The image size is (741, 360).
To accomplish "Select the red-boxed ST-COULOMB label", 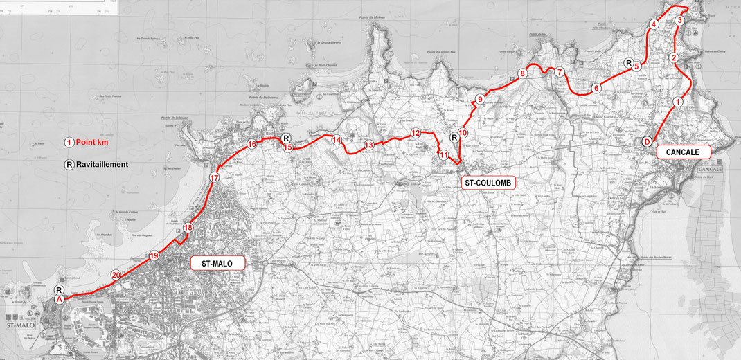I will (x=488, y=183).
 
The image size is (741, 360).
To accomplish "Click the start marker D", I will (x=647, y=141).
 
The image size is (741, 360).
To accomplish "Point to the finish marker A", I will (x=60, y=299).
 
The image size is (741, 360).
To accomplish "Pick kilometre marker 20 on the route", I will (x=116, y=275).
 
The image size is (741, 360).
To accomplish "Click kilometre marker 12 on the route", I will (x=416, y=133).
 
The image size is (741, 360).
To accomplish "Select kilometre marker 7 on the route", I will (x=560, y=72).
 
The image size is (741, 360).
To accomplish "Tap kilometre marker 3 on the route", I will (x=680, y=21).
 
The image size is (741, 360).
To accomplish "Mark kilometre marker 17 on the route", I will (x=215, y=178).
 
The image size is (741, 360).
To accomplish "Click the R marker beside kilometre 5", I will (x=629, y=63).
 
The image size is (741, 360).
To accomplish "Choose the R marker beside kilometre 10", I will (x=454, y=138).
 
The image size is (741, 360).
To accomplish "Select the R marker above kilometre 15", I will (x=287, y=138).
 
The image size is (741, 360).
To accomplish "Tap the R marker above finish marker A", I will (x=60, y=290).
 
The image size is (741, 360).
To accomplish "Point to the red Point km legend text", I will (x=97, y=142).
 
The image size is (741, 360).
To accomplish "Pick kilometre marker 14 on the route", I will (x=337, y=140).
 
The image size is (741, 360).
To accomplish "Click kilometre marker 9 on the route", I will (x=479, y=100).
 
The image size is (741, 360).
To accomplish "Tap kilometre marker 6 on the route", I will (x=596, y=88).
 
